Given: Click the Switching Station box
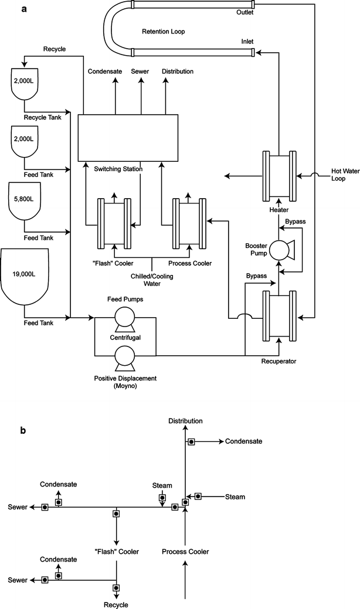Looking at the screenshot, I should [x=128, y=137].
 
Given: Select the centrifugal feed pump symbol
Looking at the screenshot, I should [x=124, y=318].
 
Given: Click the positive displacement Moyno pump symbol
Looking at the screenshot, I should [x=124, y=356].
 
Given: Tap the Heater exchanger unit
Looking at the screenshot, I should [x=279, y=175].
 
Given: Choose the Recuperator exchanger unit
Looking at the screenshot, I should [x=279, y=317].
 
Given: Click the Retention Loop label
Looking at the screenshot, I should [x=163, y=32].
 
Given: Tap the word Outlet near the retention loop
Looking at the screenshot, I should [x=243, y=12].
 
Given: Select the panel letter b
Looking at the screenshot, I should [x=23, y=430].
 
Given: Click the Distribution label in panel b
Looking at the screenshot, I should [x=185, y=421].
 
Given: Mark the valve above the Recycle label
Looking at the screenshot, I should [x=116, y=588].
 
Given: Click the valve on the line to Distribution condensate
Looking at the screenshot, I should [x=191, y=441].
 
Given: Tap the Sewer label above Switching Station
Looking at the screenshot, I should [x=140, y=72].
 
